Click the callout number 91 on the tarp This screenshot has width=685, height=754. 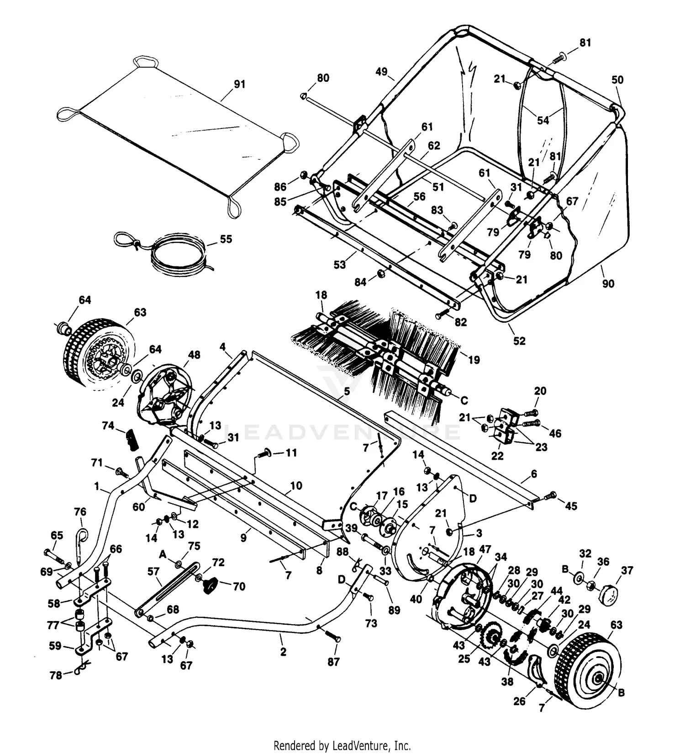[239, 84]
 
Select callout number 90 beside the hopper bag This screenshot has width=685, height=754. [608, 283]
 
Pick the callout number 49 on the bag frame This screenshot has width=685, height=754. [381, 72]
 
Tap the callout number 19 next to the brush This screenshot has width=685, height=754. [474, 360]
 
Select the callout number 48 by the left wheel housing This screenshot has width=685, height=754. [194, 355]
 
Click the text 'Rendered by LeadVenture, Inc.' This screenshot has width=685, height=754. [342, 746]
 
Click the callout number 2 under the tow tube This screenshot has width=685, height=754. [283, 652]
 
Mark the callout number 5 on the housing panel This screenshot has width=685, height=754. [347, 391]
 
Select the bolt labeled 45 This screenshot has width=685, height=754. [552, 494]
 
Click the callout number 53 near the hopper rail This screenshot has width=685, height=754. [339, 265]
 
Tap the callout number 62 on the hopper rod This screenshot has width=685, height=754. [433, 146]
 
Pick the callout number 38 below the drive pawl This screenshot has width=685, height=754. [507, 681]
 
